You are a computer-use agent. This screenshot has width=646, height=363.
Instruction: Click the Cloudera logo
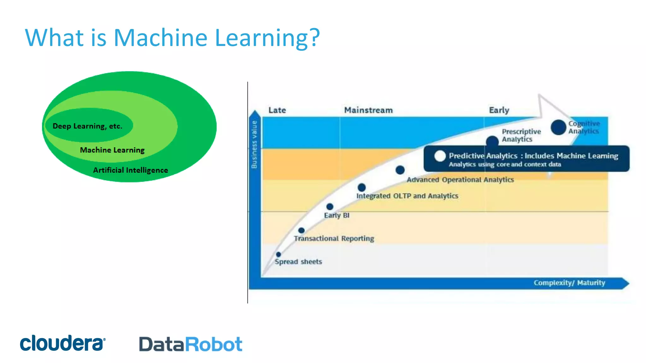click(x=62, y=343)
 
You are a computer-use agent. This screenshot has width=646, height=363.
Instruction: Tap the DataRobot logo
click(x=191, y=344)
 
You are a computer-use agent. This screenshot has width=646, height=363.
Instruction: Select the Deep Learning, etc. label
click(x=87, y=126)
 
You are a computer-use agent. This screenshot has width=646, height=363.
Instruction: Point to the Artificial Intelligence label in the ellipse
click(x=130, y=170)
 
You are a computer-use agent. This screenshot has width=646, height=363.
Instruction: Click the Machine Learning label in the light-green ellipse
click(x=112, y=150)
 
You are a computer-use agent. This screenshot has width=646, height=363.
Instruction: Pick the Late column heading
click(x=277, y=110)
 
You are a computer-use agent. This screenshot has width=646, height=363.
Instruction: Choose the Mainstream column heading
click(x=368, y=110)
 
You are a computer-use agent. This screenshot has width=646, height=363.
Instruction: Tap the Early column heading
click(x=499, y=110)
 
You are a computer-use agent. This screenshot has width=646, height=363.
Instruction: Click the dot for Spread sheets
click(x=278, y=254)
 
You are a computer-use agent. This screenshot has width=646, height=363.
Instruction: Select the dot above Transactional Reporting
click(x=301, y=230)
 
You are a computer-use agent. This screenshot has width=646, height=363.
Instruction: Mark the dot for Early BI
click(x=330, y=207)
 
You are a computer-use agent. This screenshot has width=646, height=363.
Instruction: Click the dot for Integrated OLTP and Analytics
click(x=361, y=187)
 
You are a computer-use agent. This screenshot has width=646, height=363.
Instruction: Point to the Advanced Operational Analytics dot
click(x=400, y=170)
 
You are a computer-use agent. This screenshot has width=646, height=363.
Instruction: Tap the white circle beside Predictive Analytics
click(x=440, y=156)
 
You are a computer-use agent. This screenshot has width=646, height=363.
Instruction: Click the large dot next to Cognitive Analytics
click(x=558, y=127)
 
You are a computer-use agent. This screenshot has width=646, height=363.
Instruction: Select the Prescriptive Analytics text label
click(x=521, y=135)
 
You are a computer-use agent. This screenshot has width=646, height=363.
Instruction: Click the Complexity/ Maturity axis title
click(x=569, y=283)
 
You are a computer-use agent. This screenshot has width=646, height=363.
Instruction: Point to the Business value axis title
click(x=254, y=144)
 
